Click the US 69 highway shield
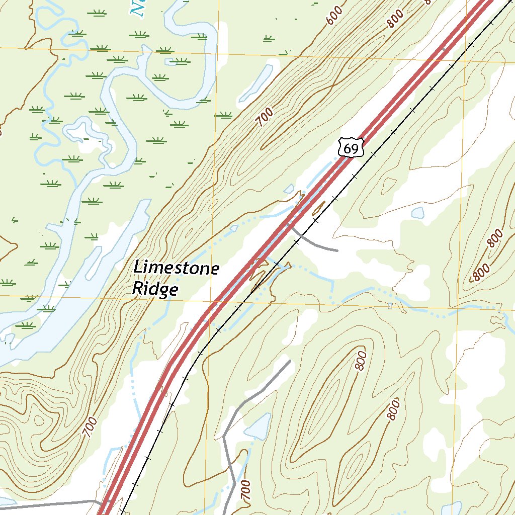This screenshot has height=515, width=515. (351, 148)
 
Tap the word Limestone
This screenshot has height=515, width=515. (176, 268)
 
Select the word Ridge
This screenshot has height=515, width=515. (155, 289)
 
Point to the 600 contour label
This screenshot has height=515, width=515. (334, 15)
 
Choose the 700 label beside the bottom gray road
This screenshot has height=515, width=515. (245, 490)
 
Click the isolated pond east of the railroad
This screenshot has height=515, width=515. (418, 213)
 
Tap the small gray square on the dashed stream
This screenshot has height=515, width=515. (390, 306)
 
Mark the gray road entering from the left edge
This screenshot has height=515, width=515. (45, 505)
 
